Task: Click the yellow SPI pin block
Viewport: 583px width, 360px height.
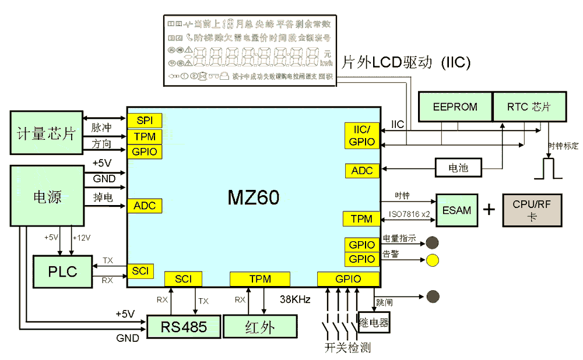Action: [144, 121]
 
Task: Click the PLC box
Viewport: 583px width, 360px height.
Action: [63, 271]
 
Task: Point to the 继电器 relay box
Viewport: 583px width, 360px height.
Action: [374, 322]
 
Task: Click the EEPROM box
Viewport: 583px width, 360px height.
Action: [455, 107]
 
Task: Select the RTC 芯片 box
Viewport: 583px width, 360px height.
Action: [529, 107]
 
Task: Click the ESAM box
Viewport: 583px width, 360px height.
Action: [456, 210]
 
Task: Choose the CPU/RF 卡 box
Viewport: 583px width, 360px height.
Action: [532, 210]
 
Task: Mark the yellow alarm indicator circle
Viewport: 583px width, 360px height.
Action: [432, 260]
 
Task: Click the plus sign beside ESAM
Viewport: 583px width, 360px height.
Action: [488, 210]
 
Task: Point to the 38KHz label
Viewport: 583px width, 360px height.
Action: [295, 299]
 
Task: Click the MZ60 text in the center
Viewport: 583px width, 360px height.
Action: [253, 197]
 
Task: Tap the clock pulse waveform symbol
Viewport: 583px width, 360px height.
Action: [547, 168]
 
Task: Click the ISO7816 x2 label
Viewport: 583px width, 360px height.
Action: [409, 214]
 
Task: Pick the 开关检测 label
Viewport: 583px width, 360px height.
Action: [347, 348]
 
